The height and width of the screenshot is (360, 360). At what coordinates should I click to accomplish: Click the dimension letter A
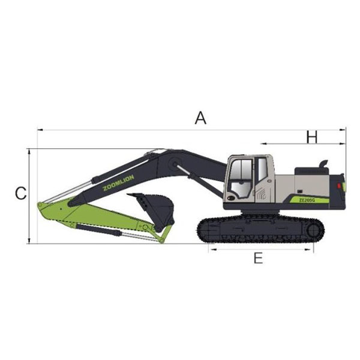(x=200, y=118)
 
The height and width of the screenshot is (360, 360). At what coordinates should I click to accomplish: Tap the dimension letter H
(x=312, y=137)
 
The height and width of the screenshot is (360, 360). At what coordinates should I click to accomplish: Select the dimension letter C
(x=20, y=193)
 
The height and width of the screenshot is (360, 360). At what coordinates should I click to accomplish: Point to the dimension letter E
(x=258, y=258)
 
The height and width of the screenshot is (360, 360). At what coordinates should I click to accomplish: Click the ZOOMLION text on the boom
(x=118, y=183)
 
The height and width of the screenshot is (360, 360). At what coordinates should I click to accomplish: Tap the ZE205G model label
(x=307, y=200)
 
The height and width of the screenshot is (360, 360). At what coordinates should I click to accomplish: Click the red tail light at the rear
(x=338, y=185)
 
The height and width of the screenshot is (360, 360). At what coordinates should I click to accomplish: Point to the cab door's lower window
(x=240, y=190)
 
